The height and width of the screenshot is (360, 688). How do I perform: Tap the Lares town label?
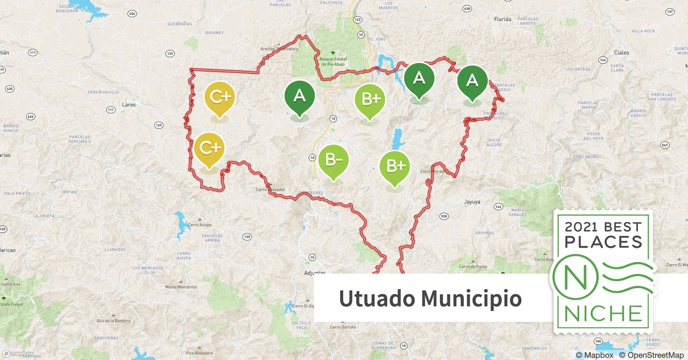tap(129, 105)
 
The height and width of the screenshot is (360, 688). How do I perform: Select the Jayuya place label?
tap(472, 202)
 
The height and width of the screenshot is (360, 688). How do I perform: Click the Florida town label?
tap(502, 19)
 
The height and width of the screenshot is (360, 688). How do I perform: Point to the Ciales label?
tap(621, 53)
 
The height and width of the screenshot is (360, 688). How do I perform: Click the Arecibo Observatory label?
tap(279, 49)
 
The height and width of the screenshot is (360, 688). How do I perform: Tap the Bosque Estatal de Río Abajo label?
tap(333, 62)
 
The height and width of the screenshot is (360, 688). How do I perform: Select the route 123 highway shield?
tap(357, 19)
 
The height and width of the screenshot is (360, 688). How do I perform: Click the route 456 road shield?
tap(132, 14)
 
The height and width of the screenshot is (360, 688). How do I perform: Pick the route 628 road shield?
tap(467, 9)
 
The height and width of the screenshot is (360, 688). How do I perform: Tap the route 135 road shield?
tap(247, 237)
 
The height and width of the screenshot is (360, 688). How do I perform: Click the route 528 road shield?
tap(444, 216)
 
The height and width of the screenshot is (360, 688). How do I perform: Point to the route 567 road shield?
tap(665, 145)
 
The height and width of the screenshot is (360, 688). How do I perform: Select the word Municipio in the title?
tap(472, 298)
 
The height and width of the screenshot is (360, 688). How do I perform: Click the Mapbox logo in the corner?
tap(18, 354)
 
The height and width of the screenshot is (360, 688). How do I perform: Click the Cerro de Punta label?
tap(473, 267)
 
